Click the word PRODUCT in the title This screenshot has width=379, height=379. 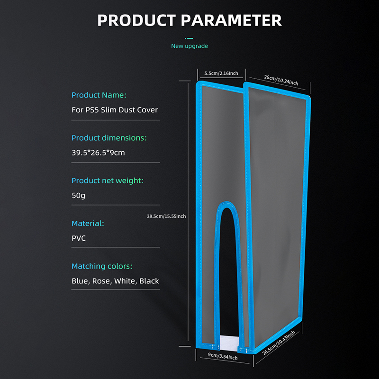click(x=136, y=20)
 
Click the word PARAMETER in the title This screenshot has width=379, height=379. click(x=231, y=20)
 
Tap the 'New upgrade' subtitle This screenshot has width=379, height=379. click(x=189, y=46)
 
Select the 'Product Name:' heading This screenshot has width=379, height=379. click(x=99, y=95)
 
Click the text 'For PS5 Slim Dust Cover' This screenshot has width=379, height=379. click(x=115, y=110)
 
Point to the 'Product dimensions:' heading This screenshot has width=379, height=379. click(x=109, y=138)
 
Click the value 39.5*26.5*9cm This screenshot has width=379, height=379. click(x=98, y=153)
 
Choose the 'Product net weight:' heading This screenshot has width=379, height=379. click(x=108, y=180)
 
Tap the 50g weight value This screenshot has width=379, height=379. click(x=78, y=195)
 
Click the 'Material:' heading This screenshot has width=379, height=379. click(x=88, y=223)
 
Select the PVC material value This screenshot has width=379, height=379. click(x=79, y=238)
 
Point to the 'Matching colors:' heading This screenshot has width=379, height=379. click(x=102, y=266)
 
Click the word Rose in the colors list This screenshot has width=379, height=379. click(x=101, y=281)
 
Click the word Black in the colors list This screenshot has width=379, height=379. click(x=149, y=281)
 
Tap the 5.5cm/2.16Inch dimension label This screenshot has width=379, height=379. click(x=221, y=73)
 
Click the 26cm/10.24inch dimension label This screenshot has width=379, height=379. click(x=281, y=80)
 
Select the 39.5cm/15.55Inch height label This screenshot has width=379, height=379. click(x=166, y=217)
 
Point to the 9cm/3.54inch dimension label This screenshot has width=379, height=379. click(x=223, y=356)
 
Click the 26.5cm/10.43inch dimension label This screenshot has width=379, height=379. click(x=279, y=343)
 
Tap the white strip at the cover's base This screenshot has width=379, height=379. click(x=229, y=342)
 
